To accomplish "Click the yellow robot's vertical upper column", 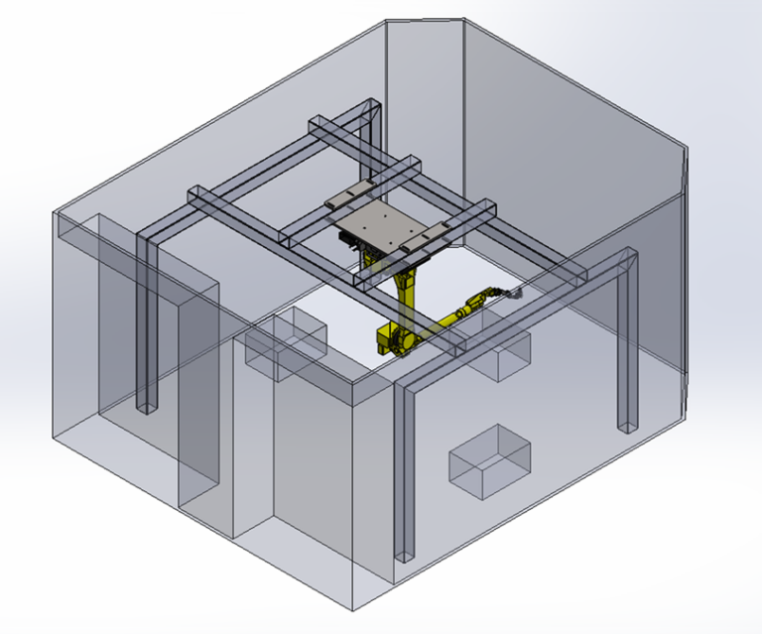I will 408,288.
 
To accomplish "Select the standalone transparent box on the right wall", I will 490,461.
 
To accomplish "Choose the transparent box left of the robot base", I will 288,340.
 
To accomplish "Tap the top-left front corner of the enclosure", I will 56,213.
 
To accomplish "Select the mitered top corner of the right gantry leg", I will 622,263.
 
